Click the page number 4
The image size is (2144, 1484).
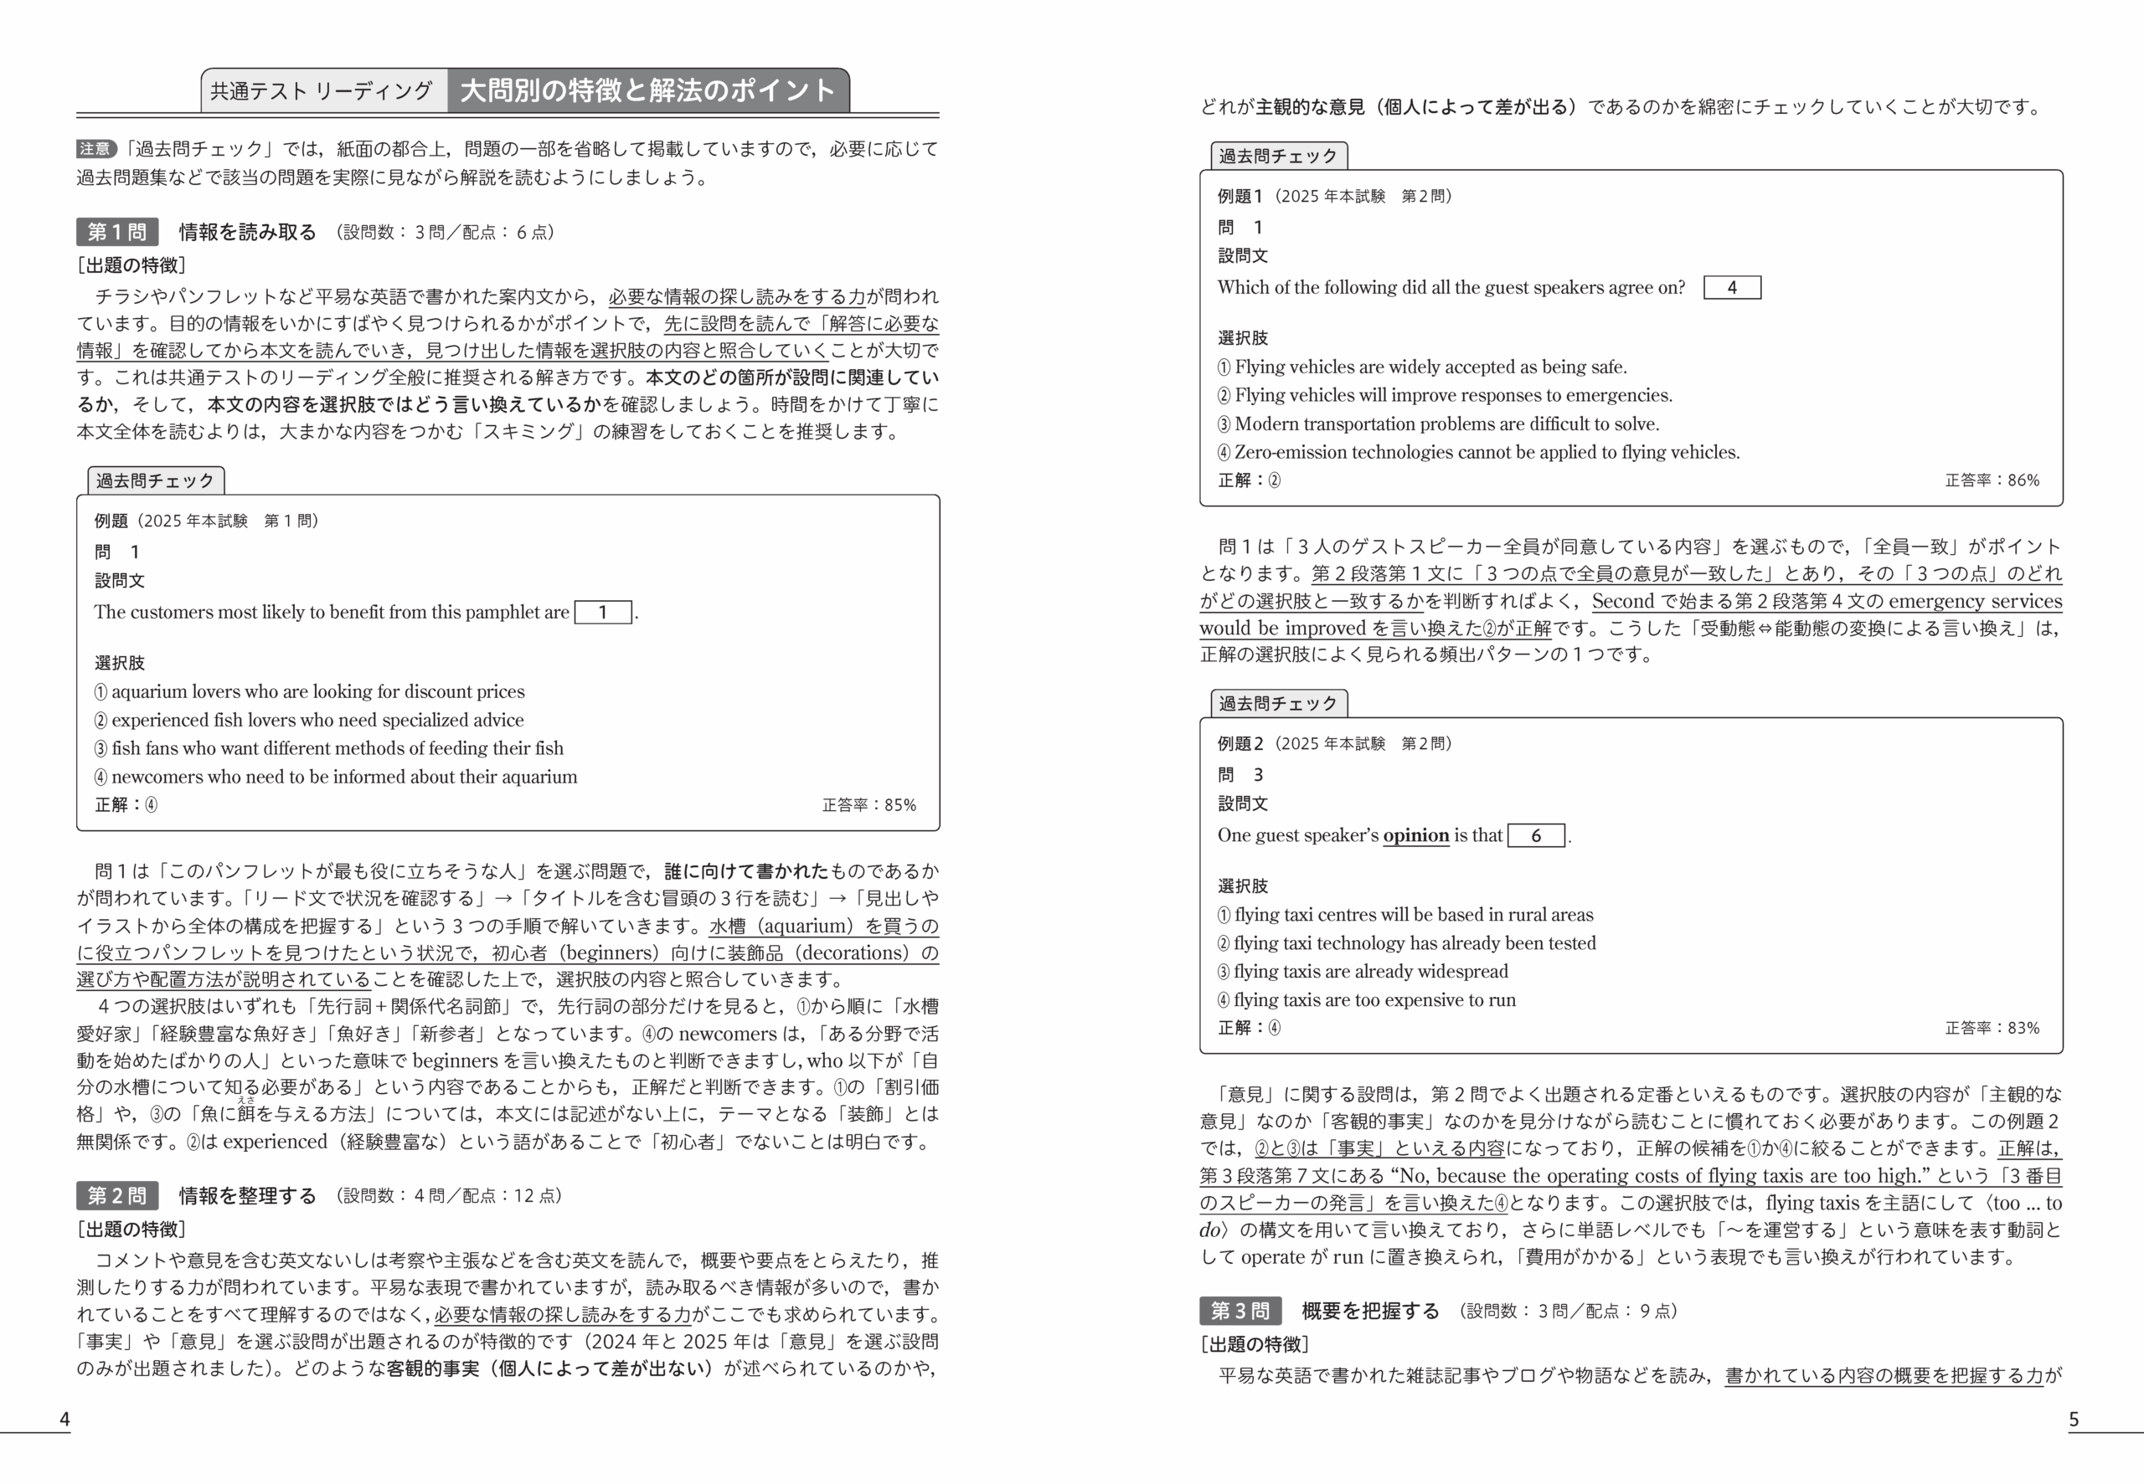click(x=64, y=1419)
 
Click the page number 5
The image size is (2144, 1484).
click(x=2074, y=1419)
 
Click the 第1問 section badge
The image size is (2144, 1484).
click(x=117, y=232)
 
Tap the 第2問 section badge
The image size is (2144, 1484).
click(x=117, y=1196)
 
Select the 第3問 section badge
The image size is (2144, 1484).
click(x=1239, y=1311)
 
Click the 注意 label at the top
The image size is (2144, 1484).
click(x=95, y=149)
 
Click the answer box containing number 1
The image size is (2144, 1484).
click(x=603, y=612)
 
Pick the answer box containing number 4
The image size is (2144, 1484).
click(x=1731, y=287)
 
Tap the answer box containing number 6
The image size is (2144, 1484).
click(x=1536, y=835)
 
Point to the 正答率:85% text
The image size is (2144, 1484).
click(x=868, y=805)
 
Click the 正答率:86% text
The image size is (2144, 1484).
click(x=1992, y=480)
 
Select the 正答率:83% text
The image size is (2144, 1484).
click(x=1992, y=1029)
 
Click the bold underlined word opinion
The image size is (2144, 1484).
click(x=1415, y=835)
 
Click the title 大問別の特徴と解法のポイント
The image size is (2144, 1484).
click(x=647, y=91)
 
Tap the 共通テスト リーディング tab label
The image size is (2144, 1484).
click(x=322, y=91)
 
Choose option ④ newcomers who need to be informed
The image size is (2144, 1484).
click(x=336, y=777)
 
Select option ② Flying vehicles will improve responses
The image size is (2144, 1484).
click(x=1445, y=395)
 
